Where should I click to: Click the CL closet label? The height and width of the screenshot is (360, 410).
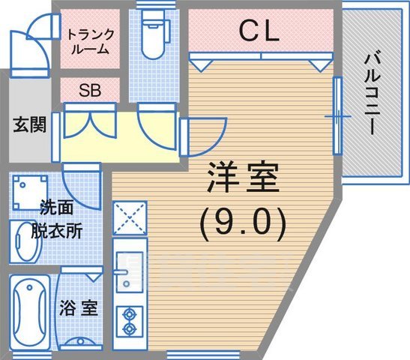259,31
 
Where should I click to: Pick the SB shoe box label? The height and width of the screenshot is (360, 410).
90,89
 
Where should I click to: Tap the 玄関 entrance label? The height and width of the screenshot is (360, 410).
28,124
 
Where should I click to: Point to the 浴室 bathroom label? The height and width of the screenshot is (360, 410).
78,308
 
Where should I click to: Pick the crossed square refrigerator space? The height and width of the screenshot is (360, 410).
128,217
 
